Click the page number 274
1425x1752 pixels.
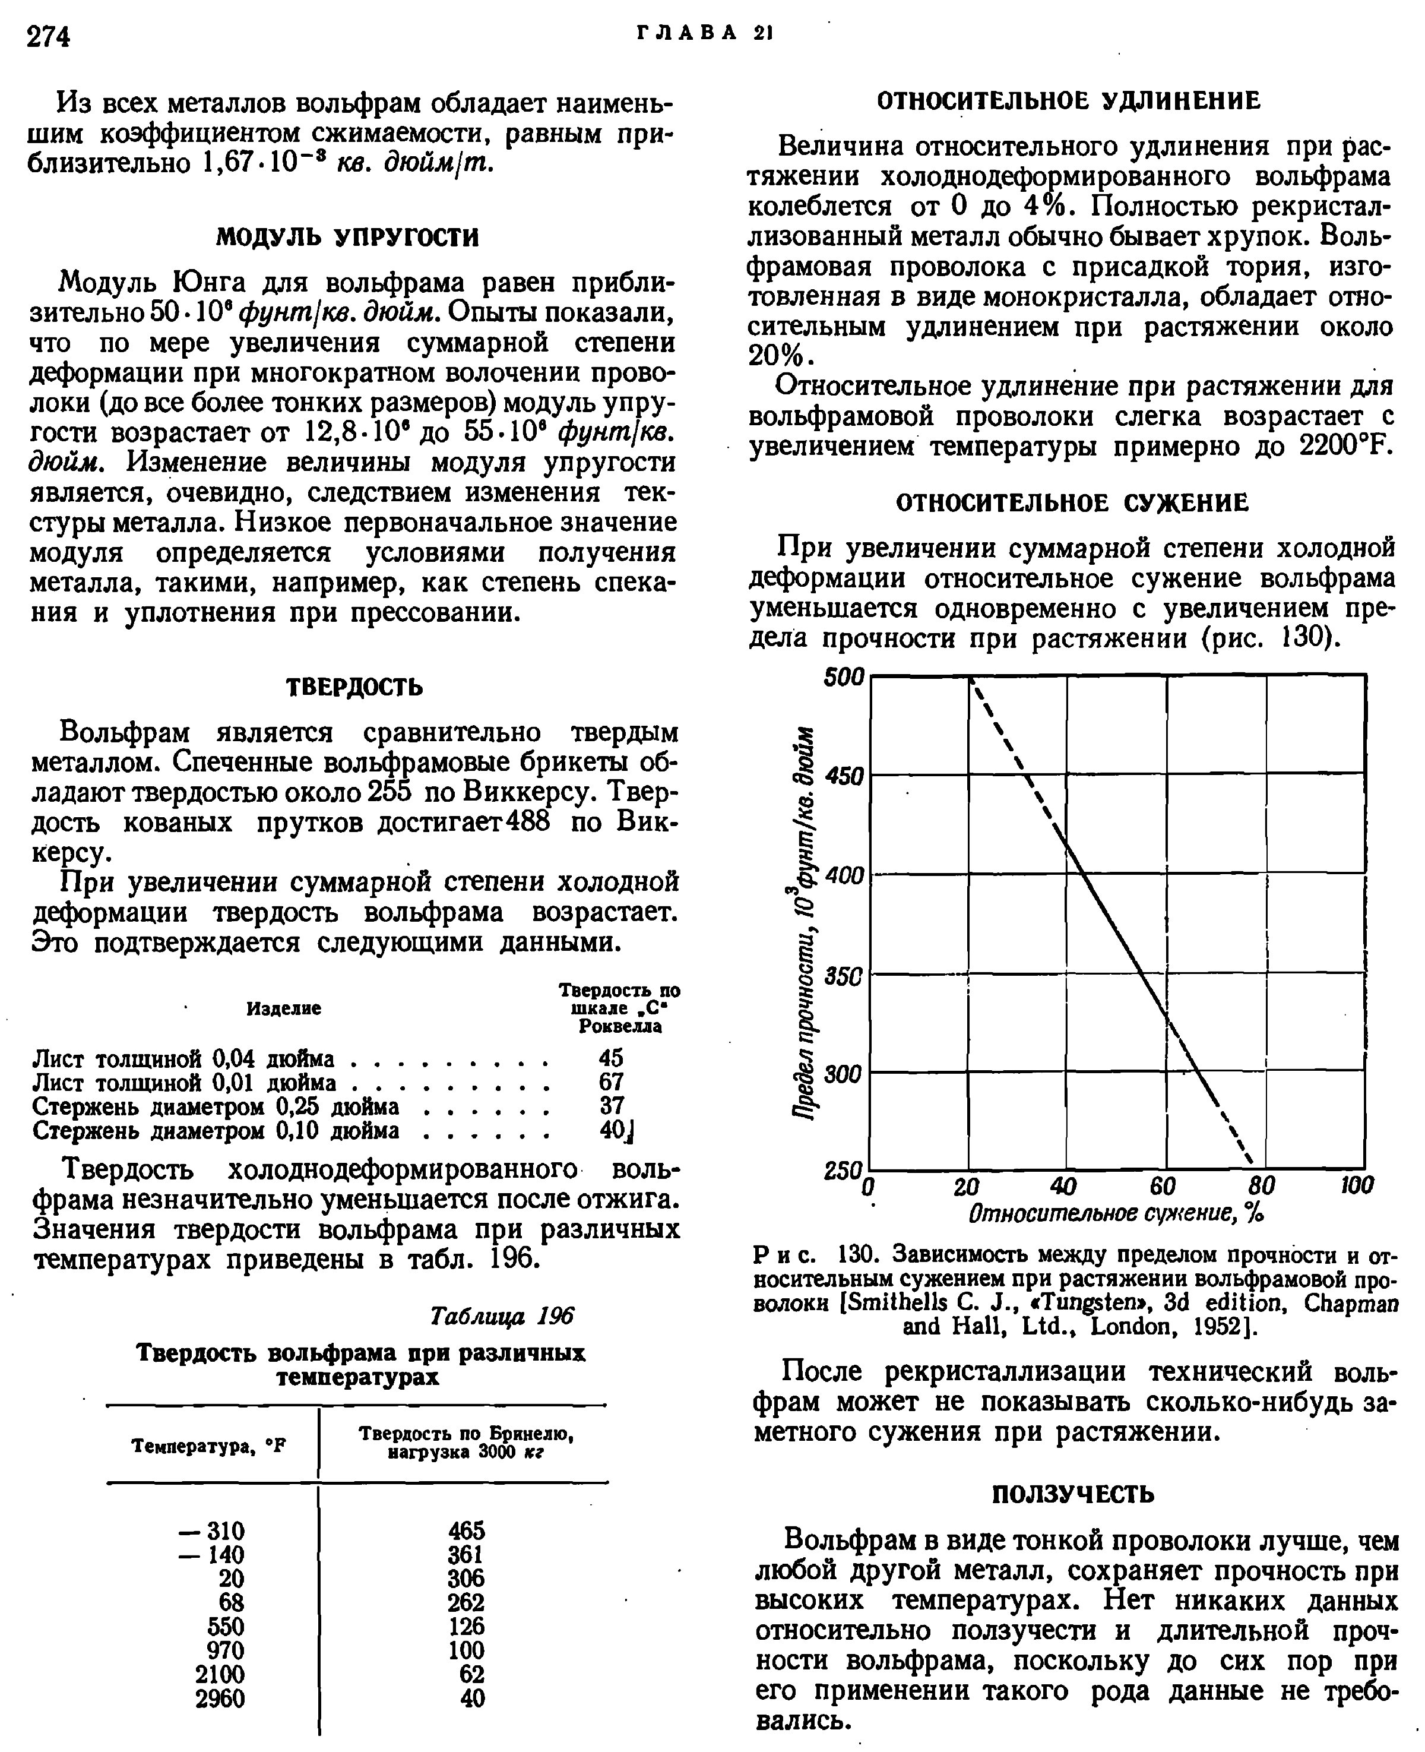[x=49, y=37]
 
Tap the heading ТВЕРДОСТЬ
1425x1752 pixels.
[x=354, y=687]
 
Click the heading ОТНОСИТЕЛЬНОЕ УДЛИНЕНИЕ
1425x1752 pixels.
[x=1069, y=101]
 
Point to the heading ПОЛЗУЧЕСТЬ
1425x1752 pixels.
[x=1073, y=1494]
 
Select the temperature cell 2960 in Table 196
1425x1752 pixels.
[x=220, y=1698]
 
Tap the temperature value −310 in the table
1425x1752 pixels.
[x=210, y=1530]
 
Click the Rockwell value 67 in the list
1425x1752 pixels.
[x=612, y=1081]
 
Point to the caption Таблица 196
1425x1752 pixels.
[x=502, y=1316]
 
